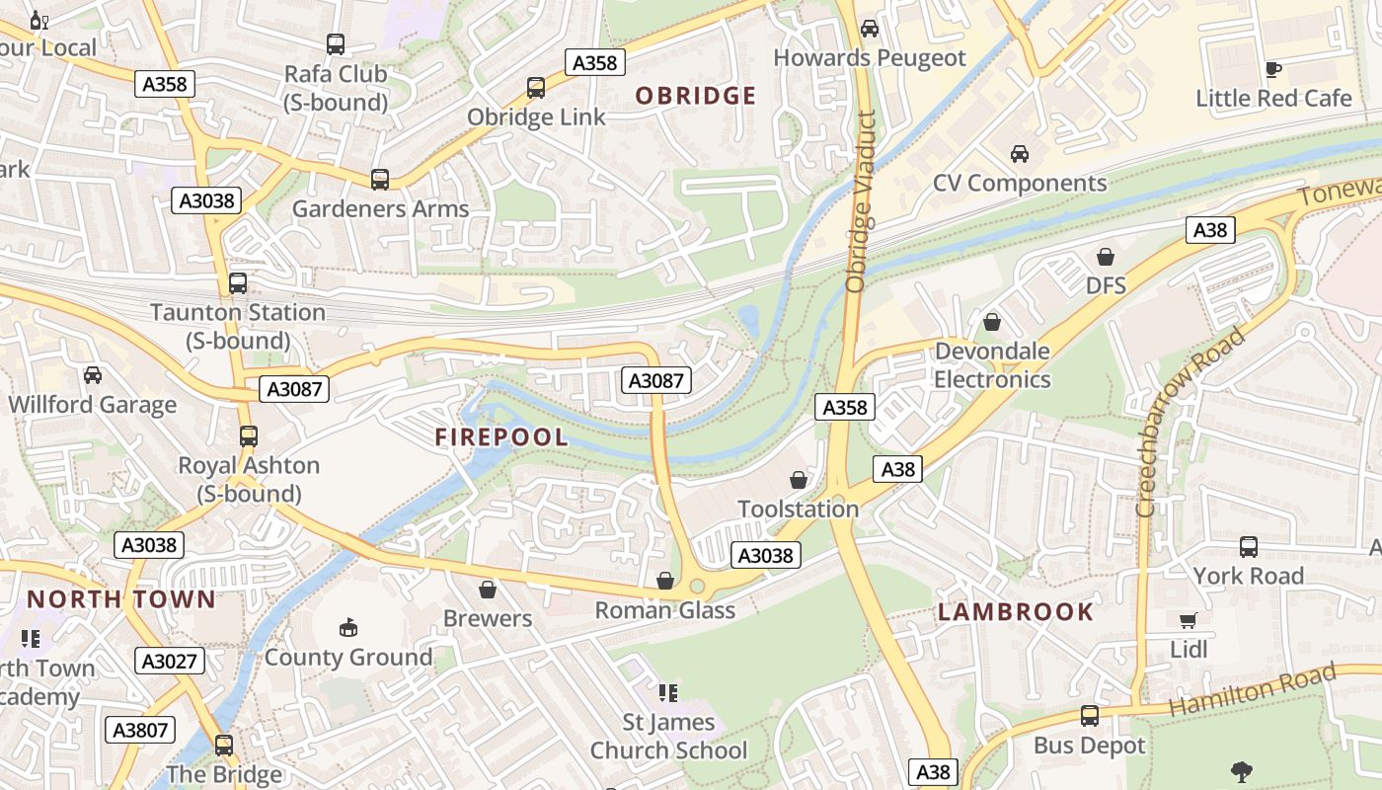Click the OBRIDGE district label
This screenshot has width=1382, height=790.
695,96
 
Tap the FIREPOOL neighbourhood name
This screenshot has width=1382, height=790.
501,437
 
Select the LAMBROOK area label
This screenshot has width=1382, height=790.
1015,612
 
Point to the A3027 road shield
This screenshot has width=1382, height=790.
170,661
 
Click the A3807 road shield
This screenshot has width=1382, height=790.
141,730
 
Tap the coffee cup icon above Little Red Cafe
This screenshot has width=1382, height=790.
1272,69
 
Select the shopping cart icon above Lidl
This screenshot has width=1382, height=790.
1188,620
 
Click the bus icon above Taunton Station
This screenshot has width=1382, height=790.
238,283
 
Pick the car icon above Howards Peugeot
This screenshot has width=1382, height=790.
869,28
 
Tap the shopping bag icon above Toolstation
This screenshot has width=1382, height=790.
798,480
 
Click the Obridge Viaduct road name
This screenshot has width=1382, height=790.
861,201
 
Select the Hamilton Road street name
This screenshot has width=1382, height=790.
1252,690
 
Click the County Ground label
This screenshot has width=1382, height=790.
348,658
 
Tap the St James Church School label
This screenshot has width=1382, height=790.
668,737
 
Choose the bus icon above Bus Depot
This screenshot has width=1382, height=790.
1089,716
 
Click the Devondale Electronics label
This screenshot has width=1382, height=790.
992,365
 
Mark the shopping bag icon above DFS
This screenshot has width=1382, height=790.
1105,257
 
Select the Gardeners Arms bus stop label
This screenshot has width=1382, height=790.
380,209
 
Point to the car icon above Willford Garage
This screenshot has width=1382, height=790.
92,375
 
